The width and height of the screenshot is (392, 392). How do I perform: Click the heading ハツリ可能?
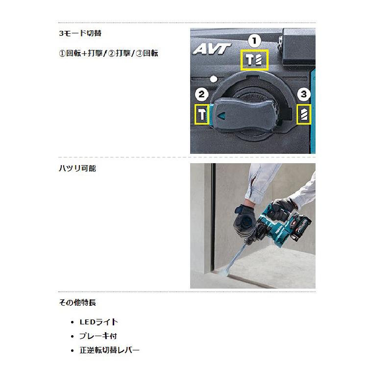77,168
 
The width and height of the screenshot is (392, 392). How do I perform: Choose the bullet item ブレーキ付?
98,336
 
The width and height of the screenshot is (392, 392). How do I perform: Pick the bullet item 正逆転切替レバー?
109,350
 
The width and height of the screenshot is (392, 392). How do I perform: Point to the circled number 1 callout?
256,40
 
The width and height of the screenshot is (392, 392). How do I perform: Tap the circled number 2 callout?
202,94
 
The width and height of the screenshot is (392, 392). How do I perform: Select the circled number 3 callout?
304,94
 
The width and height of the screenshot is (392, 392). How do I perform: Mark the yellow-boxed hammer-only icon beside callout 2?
202,116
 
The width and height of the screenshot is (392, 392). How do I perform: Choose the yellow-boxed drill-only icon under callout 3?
304,115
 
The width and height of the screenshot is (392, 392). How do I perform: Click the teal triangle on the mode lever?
221,116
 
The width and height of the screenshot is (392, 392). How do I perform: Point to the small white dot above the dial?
213,78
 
